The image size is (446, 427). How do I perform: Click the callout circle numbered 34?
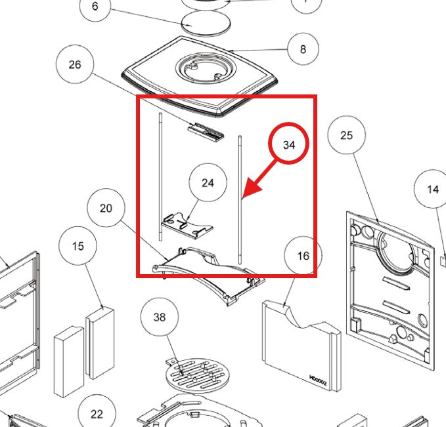pos(289,145)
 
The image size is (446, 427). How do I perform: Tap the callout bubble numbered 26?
pos(75,64)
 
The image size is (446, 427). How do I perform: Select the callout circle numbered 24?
pos(208,182)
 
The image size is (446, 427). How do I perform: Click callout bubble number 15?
pos(78,247)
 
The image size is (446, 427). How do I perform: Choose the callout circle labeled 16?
pos(303,255)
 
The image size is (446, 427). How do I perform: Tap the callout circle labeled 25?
pos(347,135)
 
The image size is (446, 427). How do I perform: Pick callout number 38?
pos(160,317)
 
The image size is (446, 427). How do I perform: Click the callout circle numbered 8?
pos(302,49)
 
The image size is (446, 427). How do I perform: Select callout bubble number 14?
pos(432,190)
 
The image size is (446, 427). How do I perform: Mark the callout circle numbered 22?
pos(97,413)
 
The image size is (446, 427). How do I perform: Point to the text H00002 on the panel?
pos(319,378)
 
